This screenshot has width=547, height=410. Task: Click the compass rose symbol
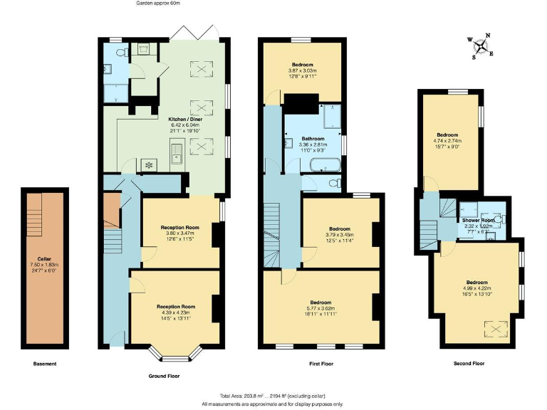pos(482,46)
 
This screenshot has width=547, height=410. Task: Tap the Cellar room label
pos(44,259)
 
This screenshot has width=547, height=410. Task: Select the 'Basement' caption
pos(45,364)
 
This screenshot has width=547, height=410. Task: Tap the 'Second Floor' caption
pos(469,364)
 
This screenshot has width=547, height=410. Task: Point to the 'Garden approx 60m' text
pos(158,4)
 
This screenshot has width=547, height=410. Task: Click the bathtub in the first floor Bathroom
pos(324,166)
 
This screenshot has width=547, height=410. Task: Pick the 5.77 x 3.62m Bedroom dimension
pos(321,307)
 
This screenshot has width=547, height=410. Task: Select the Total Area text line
pos(273,395)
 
